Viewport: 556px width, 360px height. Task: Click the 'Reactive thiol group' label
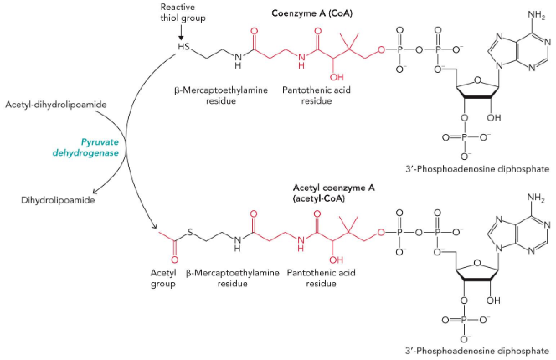coord(181,13)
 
